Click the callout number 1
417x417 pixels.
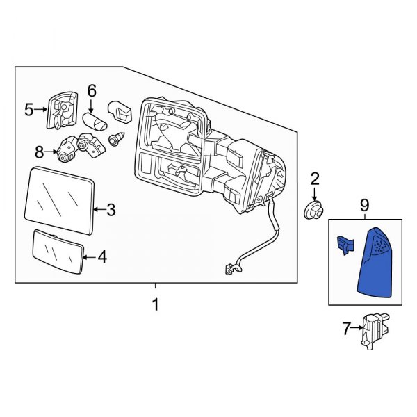[x=155, y=304]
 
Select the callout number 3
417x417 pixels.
[x=111, y=208]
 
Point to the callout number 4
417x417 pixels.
[x=101, y=257]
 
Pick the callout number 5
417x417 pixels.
[x=28, y=109]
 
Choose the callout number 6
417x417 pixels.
[x=92, y=90]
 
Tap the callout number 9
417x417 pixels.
[x=364, y=205]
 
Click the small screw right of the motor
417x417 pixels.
[x=116, y=141]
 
